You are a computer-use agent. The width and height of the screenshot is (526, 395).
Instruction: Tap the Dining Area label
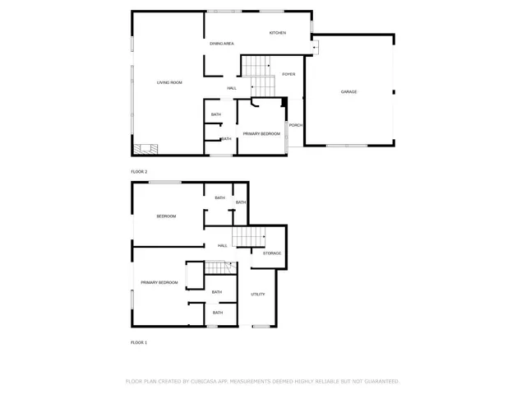click(222, 43)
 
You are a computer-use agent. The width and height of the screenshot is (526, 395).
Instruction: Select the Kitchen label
click(278, 33)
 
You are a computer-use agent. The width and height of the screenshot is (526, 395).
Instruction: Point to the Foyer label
click(288, 74)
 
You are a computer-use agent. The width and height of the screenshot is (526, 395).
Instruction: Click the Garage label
click(349, 91)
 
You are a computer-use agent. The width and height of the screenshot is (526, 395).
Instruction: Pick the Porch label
click(296, 125)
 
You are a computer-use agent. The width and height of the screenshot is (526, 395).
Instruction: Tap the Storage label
click(272, 253)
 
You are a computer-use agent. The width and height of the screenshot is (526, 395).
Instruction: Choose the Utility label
click(258, 294)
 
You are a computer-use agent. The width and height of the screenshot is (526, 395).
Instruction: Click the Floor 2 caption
click(139, 171)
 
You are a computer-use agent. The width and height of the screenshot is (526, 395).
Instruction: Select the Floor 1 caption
click(139, 342)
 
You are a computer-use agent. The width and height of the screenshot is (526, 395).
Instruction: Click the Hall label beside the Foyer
click(233, 88)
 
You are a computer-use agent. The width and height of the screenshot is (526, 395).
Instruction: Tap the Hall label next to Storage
click(223, 245)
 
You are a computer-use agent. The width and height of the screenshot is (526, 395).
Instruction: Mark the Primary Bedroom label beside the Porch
click(261, 133)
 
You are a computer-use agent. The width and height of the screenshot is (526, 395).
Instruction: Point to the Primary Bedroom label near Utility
click(159, 282)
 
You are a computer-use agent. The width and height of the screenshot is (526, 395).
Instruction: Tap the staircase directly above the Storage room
click(248, 237)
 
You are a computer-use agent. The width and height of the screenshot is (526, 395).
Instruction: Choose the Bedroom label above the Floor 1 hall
click(167, 216)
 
